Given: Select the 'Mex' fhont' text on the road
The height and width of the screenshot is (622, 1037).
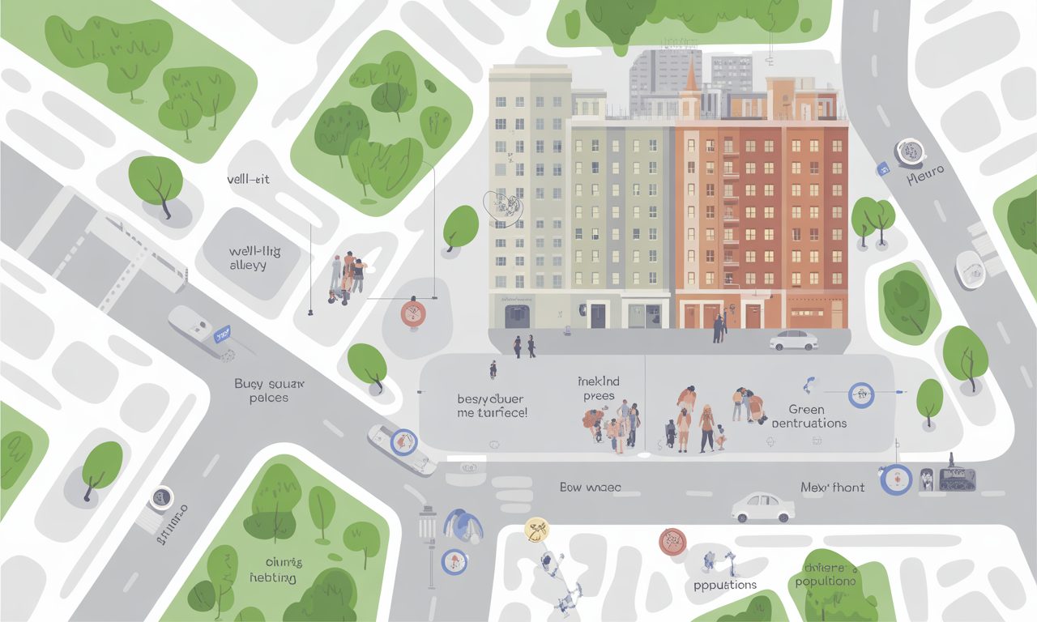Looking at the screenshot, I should click(x=832, y=488).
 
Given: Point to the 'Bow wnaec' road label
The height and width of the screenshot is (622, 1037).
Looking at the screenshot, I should click(x=590, y=488).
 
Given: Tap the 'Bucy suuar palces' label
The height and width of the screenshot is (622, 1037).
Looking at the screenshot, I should click(x=269, y=390).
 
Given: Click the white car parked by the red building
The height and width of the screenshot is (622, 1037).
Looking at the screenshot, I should click(x=794, y=340).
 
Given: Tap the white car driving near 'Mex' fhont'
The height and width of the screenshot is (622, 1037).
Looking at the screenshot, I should click(x=762, y=507).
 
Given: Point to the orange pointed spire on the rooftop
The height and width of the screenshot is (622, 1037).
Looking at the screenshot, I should click(x=690, y=77).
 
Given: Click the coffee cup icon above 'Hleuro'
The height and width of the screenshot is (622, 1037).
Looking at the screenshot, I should click(x=911, y=150).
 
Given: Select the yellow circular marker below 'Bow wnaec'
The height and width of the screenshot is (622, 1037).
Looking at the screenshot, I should click(x=536, y=529).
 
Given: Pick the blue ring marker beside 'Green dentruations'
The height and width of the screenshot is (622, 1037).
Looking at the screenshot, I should click(x=860, y=395).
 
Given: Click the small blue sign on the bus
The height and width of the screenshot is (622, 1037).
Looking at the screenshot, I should click(x=220, y=332).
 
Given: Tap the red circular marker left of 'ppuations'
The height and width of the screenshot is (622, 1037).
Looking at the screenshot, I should click(x=672, y=541).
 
